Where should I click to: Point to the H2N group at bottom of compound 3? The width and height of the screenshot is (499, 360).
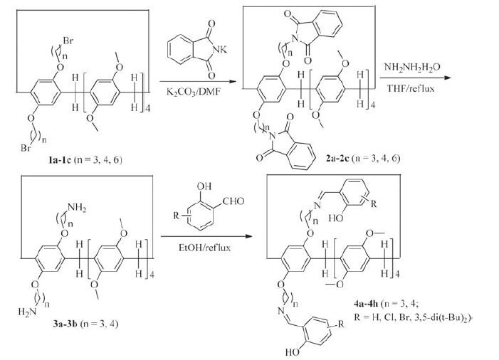pyautogui.click(x=24, y=312)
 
